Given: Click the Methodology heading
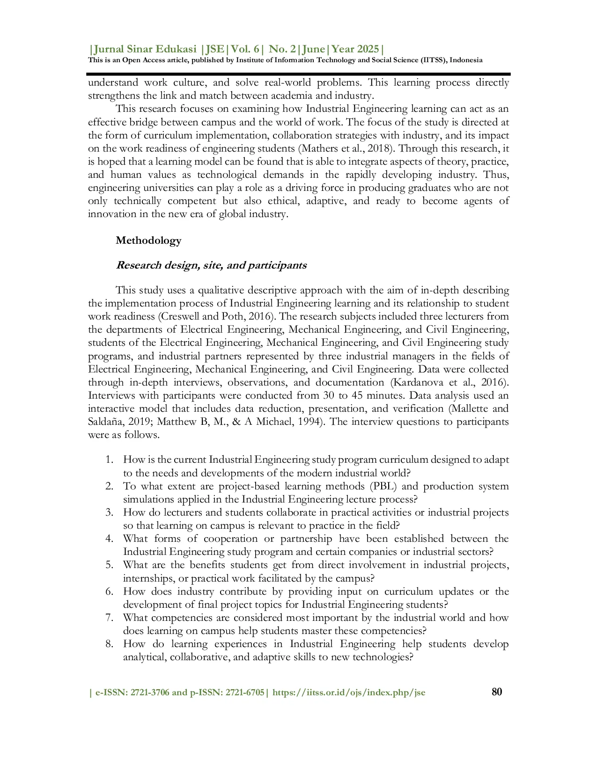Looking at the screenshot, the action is tap(148, 240).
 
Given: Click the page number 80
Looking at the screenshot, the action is tap(497, 692).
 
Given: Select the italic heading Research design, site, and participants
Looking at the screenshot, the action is tap(211, 265).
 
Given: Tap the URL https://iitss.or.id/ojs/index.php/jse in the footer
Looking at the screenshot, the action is tap(349, 692).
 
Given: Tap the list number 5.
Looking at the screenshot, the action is tap(109, 565).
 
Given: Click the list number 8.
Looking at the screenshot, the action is tap(109, 644).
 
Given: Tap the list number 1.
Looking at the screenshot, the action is tap(109, 460).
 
